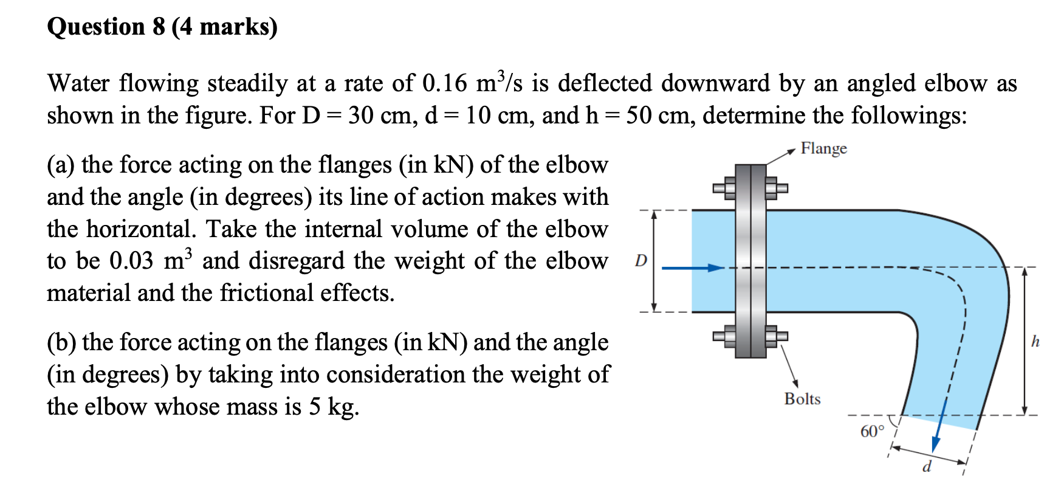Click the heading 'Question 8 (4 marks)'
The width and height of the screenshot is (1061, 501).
162,27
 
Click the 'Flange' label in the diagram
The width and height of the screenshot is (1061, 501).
823,148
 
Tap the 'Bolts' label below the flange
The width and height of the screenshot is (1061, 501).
802,399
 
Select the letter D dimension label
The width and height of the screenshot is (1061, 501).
640,261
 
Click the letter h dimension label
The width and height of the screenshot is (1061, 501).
1035,342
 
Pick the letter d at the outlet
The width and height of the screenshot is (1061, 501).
926,467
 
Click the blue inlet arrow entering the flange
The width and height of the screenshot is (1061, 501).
693,268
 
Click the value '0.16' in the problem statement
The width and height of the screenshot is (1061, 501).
444,83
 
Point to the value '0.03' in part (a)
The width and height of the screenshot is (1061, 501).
131,261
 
